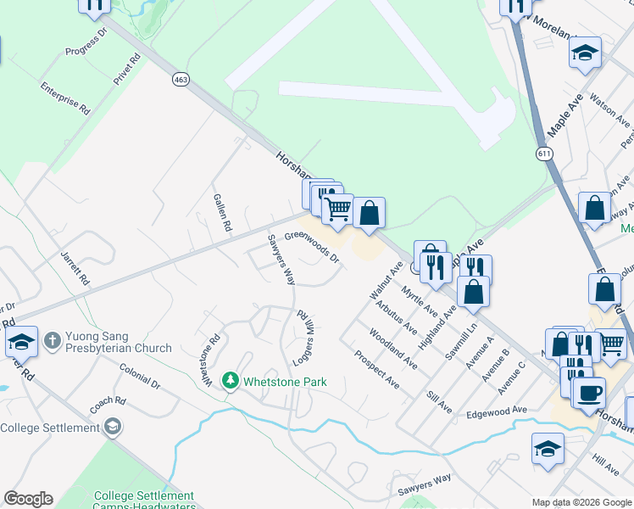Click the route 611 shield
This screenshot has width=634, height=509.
coord(543,153)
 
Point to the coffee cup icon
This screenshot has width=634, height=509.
coord(588,393)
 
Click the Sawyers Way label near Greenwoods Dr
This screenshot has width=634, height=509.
coord(281,260)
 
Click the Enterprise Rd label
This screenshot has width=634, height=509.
coord(64,98)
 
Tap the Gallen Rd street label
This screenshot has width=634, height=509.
coord(222,212)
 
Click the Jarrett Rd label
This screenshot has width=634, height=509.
coord(75,266)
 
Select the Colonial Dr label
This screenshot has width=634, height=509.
coord(140,377)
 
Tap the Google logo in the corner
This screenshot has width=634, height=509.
coord(28,499)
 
